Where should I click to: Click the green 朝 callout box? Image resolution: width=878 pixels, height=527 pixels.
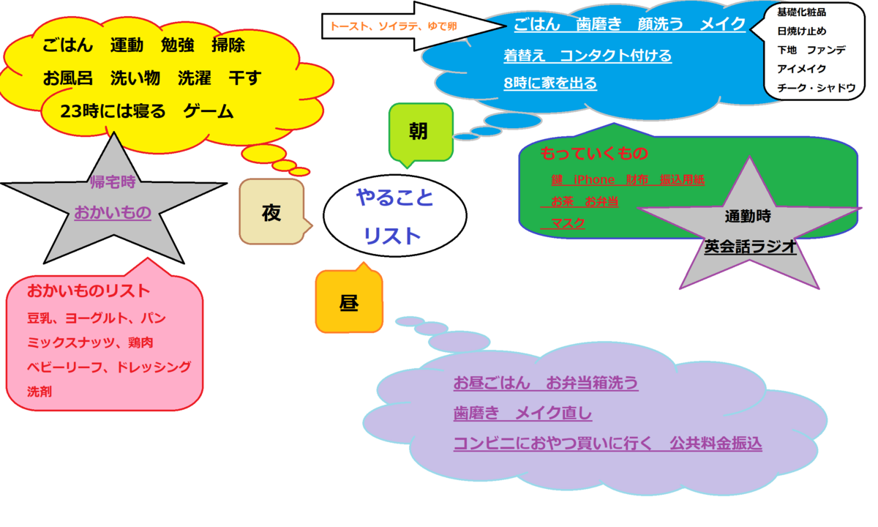(419, 131)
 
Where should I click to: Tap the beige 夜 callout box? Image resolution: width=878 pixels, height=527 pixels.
(271, 212)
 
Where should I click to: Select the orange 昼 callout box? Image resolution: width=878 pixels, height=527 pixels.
(349, 303)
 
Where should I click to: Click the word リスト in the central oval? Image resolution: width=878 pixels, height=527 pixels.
(393, 236)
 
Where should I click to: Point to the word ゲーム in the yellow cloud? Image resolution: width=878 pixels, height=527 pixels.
(209, 112)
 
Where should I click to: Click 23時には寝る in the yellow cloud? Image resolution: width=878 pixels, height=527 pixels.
(113, 112)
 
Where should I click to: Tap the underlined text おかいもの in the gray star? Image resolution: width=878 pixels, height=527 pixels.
(113, 213)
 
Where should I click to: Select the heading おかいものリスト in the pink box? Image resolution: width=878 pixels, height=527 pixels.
(89, 291)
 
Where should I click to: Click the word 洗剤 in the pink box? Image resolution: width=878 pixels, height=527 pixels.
(40, 392)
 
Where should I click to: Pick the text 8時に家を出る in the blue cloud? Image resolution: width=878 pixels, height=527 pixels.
(550, 83)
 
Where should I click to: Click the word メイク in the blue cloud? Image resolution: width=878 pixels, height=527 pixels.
(723, 25)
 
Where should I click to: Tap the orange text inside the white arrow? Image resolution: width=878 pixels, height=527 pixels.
(394, 26)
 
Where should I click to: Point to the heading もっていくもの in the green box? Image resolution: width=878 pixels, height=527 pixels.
(594, 154)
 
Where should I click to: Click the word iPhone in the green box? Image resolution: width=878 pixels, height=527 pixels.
(594, 179)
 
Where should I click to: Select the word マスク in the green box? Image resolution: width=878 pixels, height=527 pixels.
(568, 223)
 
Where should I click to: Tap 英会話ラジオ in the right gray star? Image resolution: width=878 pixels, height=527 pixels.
(750, 247)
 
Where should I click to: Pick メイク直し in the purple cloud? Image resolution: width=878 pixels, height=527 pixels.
(554, 414)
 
